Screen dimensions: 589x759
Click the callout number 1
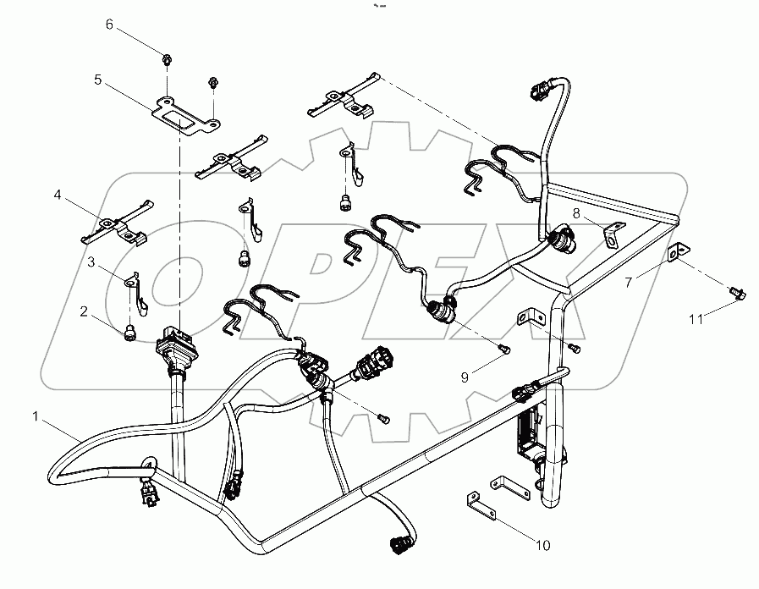pyautogui.click(x=36, y=416)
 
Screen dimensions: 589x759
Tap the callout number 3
pyautogui.click(x=91, y=262)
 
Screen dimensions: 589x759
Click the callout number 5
pyautogui.click(x=98, y=80)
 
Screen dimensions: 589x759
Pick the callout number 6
pyautogui.click(x=109, y=25)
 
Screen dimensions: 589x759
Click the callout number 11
pyautogui.click(x=695, y=319)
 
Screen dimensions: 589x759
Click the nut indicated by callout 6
pyautogui.click(x=168, y=60)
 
